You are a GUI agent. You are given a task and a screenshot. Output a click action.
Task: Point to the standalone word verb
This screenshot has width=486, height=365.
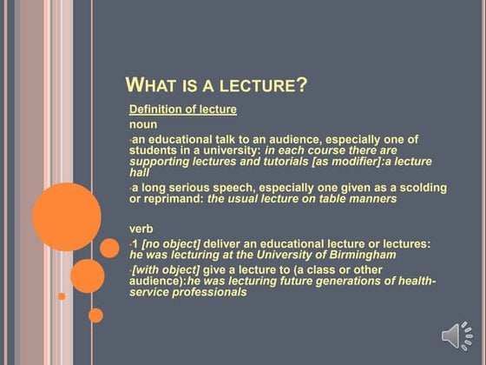coord(141,229)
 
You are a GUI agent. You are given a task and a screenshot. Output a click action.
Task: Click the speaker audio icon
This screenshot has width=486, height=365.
coord(456,337)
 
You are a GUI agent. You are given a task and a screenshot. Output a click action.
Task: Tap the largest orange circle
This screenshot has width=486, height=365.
coord(67,217)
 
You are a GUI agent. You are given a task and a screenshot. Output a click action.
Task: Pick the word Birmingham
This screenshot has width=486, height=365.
coord(358,255)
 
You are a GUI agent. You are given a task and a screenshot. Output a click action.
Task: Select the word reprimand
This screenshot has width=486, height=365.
coord(173,199)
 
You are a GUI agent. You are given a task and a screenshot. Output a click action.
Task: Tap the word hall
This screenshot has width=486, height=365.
coord(140,173)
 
